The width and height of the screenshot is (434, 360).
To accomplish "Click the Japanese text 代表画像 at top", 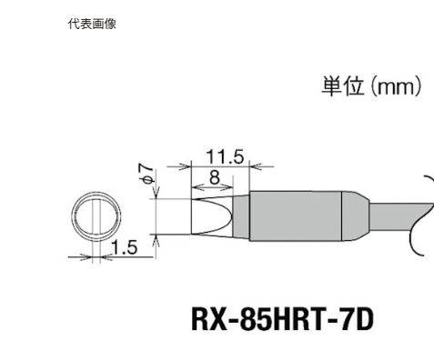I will pos(92,25).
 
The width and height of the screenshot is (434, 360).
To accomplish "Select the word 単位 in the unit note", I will pos(341,87).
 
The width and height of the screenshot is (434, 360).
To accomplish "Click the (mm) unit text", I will pos(394,87).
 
